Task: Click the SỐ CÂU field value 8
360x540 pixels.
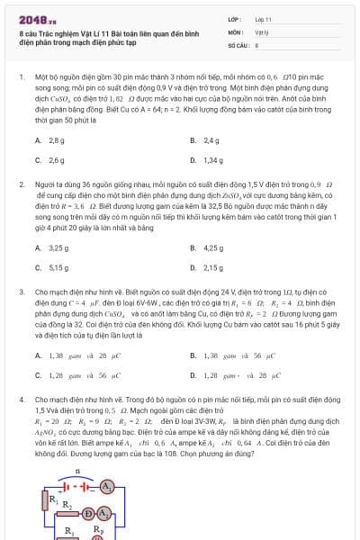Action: (x=257, y=43)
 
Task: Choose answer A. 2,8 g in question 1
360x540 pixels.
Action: (x=50, y=141)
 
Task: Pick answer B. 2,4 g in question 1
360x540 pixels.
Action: (x=205, y=141)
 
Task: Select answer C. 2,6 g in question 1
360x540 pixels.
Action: (x=50, y=160)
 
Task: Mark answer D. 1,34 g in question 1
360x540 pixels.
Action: (x=207, y=160)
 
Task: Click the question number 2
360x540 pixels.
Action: (x=21, y=184)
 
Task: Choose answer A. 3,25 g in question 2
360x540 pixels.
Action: (x=52, y=247)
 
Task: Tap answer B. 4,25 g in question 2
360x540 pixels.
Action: (x=207, y=247)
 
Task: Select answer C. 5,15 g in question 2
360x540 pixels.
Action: (x=52, y=266)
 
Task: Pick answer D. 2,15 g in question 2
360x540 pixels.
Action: (x=207, y=266)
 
